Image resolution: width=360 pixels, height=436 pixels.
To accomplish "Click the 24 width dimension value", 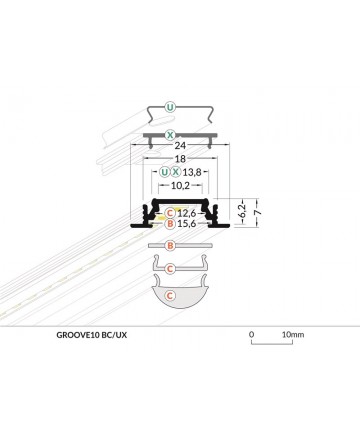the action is pos(180,145).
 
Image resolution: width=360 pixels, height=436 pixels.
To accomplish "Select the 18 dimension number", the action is pos(180,159).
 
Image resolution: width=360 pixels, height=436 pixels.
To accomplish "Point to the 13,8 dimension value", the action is pos(192,172).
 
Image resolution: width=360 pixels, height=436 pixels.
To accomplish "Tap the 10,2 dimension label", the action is pos(180,186).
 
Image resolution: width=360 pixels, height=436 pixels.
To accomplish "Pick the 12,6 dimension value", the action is pos(186,213).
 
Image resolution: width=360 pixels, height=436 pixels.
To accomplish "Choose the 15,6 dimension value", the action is pos(186,223).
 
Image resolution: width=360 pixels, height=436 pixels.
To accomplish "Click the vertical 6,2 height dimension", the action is pos(243,211).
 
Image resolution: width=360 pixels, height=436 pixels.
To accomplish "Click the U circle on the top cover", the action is pos(170,107).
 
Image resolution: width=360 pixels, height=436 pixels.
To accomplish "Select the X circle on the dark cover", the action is pos(170,135).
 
